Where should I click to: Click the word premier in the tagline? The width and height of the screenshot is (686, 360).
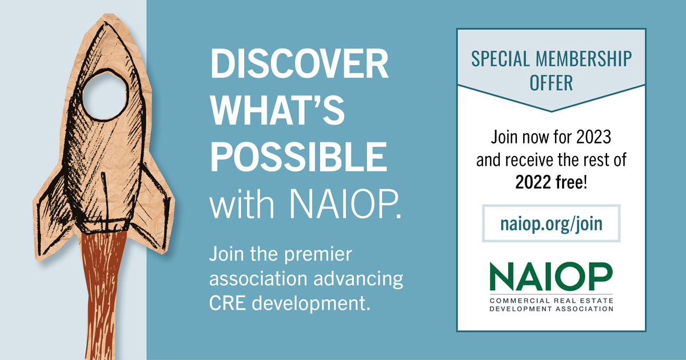tap(321, 257)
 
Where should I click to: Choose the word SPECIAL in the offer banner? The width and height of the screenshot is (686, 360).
tap(497, 59)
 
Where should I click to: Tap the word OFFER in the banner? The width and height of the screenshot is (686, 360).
tap(551, 83)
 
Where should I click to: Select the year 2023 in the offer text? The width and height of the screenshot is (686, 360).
tap(594, 137)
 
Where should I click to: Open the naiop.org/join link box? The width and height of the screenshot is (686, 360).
tap(551, 223)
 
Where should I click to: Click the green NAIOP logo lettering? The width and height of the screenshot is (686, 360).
tap(551, 277)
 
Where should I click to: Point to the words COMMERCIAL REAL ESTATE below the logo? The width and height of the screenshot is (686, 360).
tap(551, 300)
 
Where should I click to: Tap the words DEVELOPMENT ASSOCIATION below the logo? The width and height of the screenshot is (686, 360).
tap(551, 309)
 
